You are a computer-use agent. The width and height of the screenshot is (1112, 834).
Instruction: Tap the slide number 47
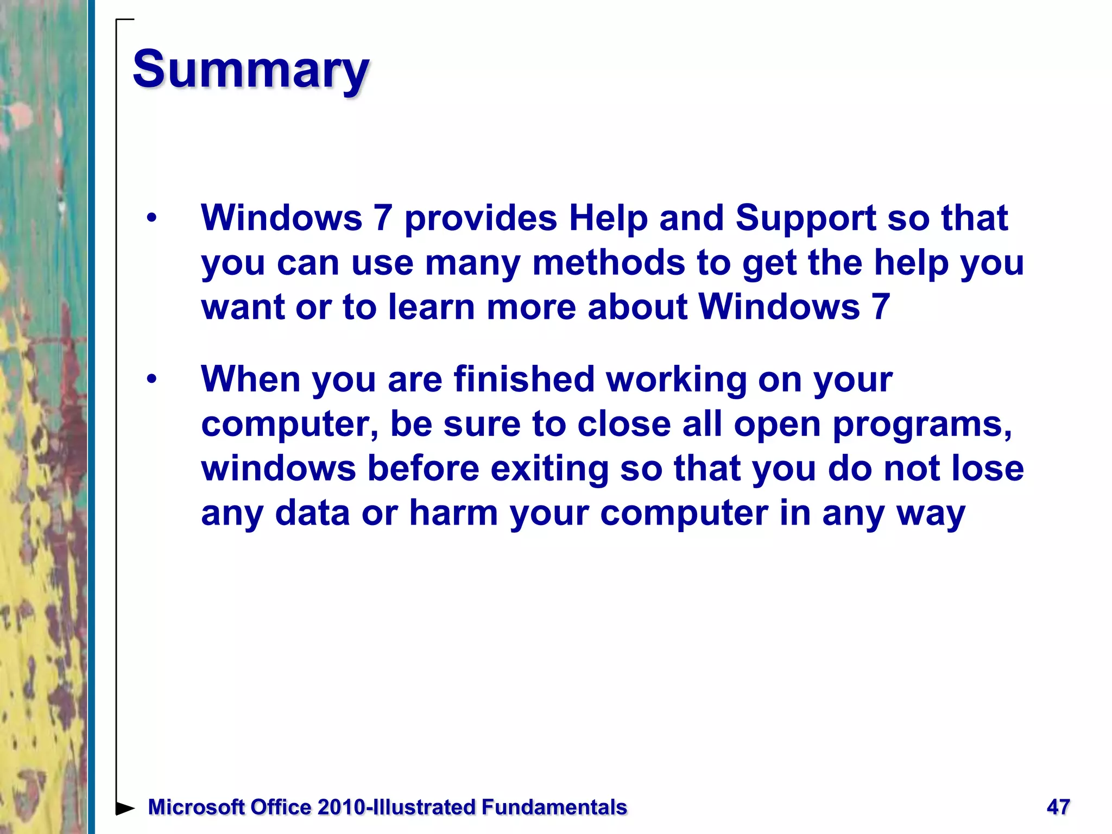click(x=1058, y=807)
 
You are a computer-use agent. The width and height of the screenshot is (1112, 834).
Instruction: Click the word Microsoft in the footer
click(x=195, y=807)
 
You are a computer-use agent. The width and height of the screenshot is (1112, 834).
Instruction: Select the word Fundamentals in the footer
click(x=554, y=807)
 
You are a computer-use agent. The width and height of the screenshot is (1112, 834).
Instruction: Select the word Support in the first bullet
click(x=805, y=218)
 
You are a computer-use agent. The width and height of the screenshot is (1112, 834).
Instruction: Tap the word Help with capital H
click(x=608, y=218)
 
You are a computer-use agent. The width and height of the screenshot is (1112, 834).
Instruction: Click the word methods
click(x=608, y=263)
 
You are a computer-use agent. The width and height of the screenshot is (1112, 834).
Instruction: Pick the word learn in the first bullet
click(x=432, y=307)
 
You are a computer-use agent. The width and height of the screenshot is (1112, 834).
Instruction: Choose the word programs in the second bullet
click(x=921, y=424)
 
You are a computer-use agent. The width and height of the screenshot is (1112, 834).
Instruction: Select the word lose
click(x=988, y=469)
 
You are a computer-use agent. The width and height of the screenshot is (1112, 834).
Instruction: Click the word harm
click(x=453, y=513)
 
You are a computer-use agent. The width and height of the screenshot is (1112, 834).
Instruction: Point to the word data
click(x=312, y=513)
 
